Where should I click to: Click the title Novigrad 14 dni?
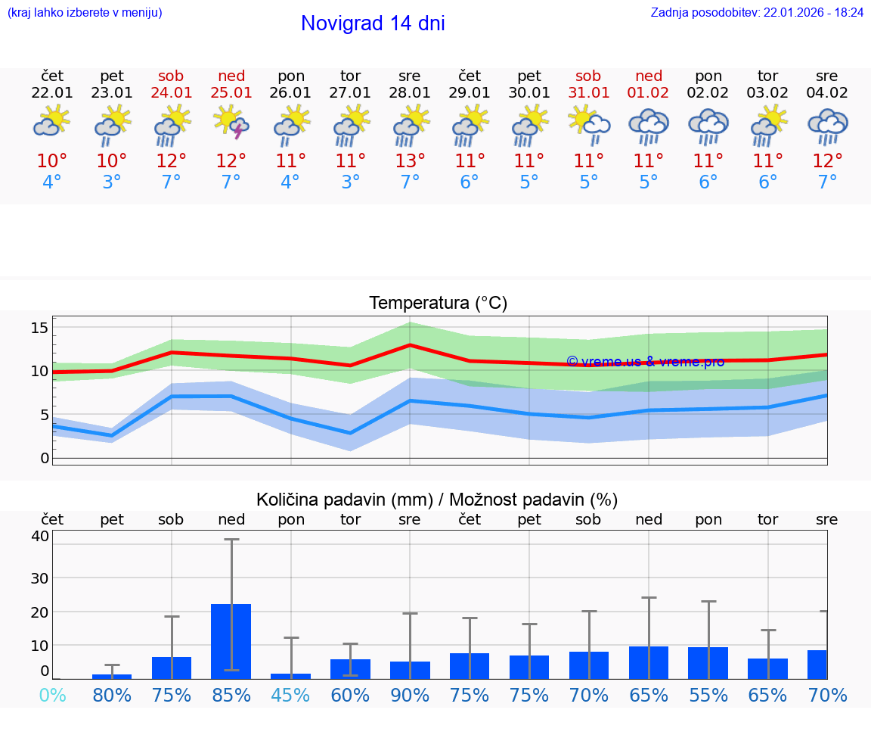coord(373,23)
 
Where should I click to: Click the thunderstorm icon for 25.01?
coord(231,123)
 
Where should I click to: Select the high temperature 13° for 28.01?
coord(410,160)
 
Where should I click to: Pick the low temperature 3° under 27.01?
coord(350,182)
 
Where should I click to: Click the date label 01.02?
coord(648,93)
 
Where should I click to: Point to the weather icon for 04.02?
coord(827,126)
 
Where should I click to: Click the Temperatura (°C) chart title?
coord(438,304)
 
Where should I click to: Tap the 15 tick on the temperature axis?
coord(39,328)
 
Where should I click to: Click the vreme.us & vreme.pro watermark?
coord(645,362)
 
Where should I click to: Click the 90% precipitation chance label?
coord(410,695)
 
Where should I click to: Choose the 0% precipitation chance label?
coord(52,695)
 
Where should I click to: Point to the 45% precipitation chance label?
coord(290,695)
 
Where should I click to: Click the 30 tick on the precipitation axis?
coord(39,578)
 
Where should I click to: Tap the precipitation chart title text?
coord(437,500)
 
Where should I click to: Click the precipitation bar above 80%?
coord(112,676)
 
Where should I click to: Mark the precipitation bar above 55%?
coord(708,662)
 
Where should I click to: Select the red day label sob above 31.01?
coord(588,76)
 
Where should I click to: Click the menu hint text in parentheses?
coord(84,12)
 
